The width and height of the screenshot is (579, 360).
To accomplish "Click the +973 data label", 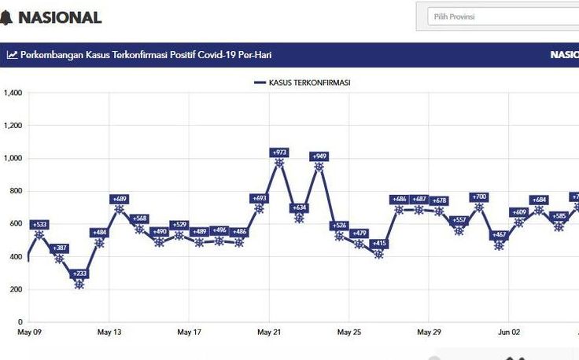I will tap(279, 152).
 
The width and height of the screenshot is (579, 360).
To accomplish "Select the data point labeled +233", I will tap(79, 285).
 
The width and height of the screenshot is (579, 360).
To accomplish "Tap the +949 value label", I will tap(319, 156).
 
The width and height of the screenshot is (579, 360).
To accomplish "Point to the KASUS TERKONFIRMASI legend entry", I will tap(303, 83).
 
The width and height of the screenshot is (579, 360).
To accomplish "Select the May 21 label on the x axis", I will tap(269, 332).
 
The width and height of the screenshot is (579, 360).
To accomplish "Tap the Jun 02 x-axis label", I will tap(509, 332).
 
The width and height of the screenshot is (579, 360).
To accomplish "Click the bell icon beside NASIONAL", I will tap(6, 17).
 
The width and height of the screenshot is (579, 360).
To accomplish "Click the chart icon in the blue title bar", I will tap(12, 55).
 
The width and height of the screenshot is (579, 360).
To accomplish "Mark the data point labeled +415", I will tap(379, 254).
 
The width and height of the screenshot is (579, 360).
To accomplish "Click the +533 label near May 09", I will tap(39, 225).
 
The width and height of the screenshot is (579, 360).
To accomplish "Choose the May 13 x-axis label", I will tap(109, 332).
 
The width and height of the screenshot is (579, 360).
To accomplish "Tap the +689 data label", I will tap(120, 199).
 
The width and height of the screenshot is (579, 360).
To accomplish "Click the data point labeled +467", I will tap(499, 246).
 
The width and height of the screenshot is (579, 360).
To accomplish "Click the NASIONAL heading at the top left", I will tap(60, 17).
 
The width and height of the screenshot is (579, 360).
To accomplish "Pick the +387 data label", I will tap(60, 248).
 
